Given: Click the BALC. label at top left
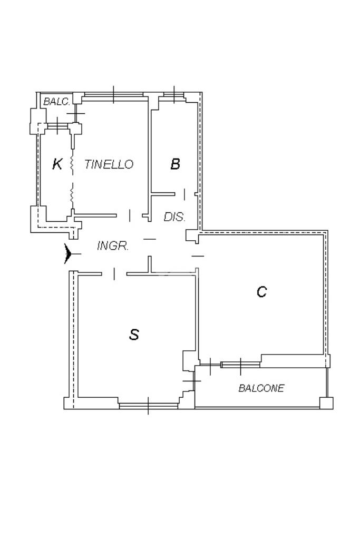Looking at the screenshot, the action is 56,101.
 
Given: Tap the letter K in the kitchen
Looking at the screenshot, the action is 57,164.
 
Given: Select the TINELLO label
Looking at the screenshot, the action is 109,164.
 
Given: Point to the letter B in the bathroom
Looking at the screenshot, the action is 175,164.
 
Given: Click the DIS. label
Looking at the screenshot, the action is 174,217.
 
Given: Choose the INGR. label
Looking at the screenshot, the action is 113,246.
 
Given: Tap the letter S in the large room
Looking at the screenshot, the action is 134,334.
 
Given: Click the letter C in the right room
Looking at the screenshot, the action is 261,291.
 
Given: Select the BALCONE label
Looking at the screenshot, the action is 261,388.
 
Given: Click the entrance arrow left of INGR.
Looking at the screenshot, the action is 68,254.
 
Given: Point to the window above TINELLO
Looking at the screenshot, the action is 114,95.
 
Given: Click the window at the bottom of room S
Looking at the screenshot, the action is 148,405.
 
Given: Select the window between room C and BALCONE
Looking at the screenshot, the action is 240,364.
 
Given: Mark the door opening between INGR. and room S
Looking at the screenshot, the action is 114,273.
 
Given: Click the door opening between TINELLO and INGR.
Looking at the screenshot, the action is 130,215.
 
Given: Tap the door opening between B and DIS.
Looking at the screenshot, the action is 184,194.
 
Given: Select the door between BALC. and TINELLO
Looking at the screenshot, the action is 77,114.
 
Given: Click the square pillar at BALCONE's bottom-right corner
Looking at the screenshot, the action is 327,404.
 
